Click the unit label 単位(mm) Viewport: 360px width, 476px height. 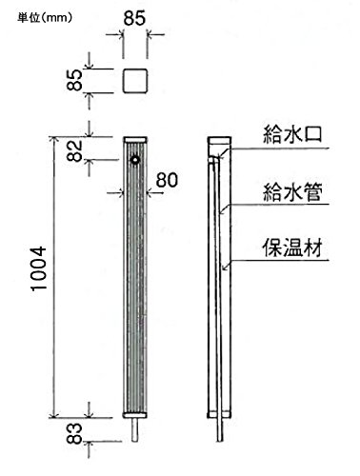(x=45, y=18)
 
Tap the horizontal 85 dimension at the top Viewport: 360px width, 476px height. (x=134, y=18)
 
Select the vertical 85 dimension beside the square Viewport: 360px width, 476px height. (x=75, y=80)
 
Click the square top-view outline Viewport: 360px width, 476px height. (x=135, y=81)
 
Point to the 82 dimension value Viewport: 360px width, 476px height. (x=75, y=150)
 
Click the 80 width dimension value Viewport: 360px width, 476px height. (x=167, y=180)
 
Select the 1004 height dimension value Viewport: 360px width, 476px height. (x=39, y=268)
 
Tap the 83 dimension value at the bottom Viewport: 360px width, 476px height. (x=75, y=433)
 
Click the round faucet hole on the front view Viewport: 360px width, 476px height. (x=136, y=161)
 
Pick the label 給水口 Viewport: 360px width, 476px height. (x=292, y=134)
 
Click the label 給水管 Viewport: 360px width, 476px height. (x=292, y=192)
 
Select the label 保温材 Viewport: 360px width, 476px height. (x=292, y=248)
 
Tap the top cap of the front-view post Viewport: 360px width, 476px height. (x=135, y=140)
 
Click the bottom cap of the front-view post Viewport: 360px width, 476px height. (x=135, y=415)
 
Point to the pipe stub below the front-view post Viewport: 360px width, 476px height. (x=135, y=429)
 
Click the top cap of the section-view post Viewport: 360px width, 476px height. (x=219, y=141)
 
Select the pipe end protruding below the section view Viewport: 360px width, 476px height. (x=220, y=429)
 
